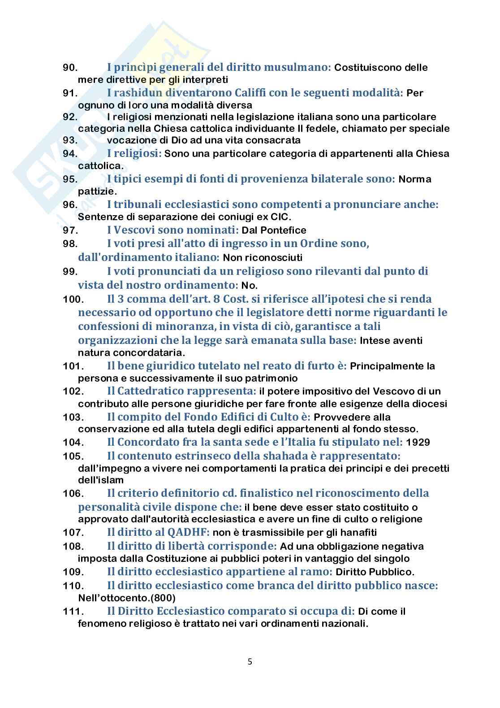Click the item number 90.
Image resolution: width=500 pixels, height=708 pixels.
(70, 68)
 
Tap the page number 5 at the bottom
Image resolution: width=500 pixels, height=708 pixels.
(250, 661)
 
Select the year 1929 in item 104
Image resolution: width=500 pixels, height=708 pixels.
(418, 443)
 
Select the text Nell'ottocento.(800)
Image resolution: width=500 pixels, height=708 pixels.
(127, 598)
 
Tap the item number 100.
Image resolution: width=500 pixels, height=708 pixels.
(73, 299)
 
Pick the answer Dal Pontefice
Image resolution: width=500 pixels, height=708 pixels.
(274, 230)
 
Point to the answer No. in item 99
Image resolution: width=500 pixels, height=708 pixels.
(250, 285)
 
